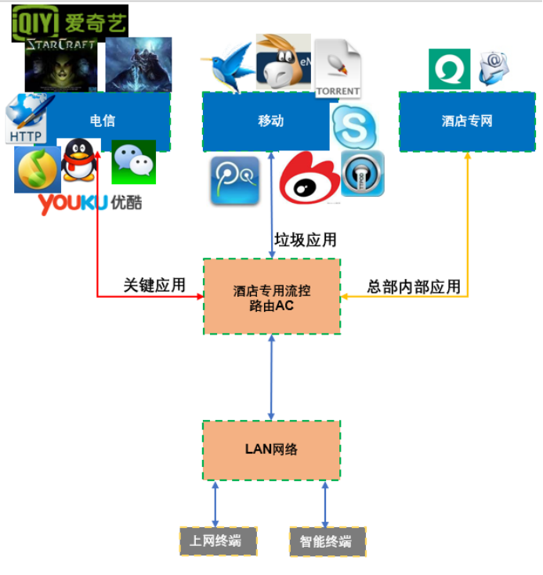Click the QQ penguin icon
81,160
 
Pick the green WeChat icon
133,162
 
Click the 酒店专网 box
467,121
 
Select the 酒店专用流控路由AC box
272,297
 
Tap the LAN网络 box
271,450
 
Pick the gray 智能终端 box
326,541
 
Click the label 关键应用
154,285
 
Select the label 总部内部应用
414,287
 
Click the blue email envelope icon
494,68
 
